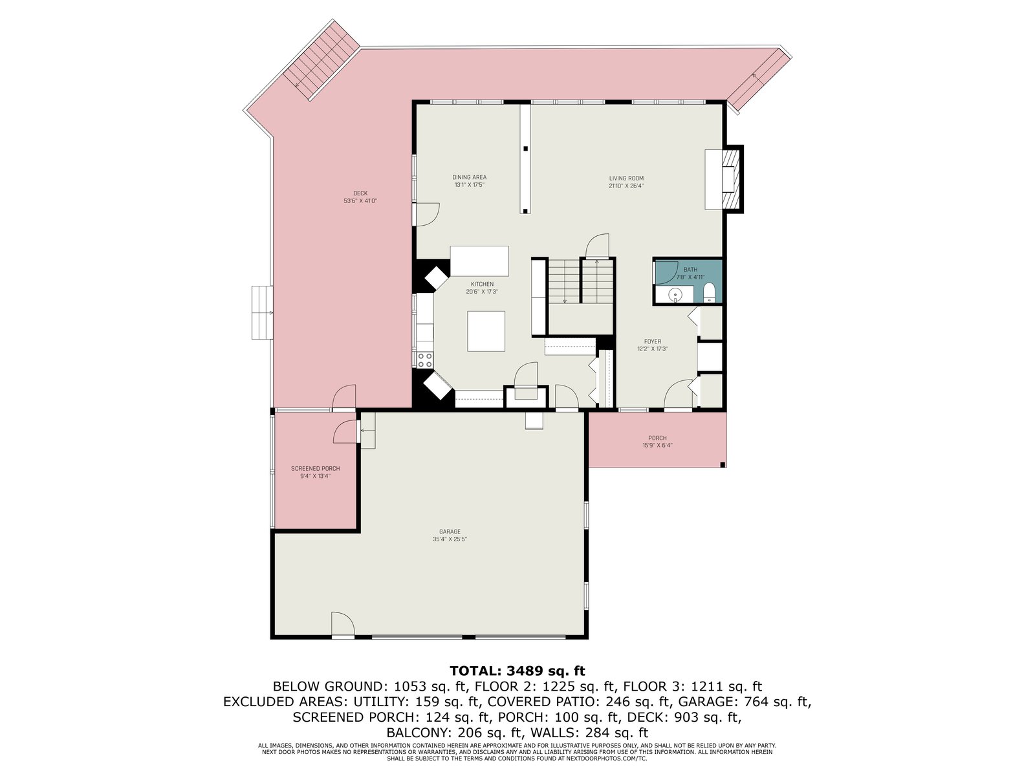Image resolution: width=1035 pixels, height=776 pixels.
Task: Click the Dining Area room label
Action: point(469,178)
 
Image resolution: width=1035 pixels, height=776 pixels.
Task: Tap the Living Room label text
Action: point(626,178)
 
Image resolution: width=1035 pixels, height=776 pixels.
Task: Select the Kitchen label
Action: point(482,284)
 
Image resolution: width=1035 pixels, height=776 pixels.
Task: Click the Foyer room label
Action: point(653,341)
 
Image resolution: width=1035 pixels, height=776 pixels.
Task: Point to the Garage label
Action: point(450,532)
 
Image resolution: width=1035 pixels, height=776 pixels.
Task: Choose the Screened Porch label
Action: point(316,468)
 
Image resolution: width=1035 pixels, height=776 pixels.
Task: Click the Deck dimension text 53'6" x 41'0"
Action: point(360,200)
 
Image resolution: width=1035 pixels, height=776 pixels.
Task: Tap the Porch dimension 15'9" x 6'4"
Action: point(657,445)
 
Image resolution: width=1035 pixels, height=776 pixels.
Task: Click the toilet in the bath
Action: point(709,293)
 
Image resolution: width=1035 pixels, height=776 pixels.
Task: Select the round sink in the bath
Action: point(675,295)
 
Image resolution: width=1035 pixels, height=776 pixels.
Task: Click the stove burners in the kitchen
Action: point(425,360)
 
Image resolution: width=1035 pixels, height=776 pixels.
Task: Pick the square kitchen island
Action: point(486,330)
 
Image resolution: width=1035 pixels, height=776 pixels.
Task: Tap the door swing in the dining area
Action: point(427,215)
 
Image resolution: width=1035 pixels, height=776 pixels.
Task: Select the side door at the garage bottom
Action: point(343,624)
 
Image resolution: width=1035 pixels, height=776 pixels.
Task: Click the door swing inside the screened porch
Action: point(345,431)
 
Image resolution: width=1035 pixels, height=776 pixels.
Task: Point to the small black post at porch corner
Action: point(723,465)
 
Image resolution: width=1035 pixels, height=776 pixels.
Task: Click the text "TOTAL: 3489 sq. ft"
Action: point(517,671)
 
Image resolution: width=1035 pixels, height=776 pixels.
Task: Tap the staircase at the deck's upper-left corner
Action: point(321,59)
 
